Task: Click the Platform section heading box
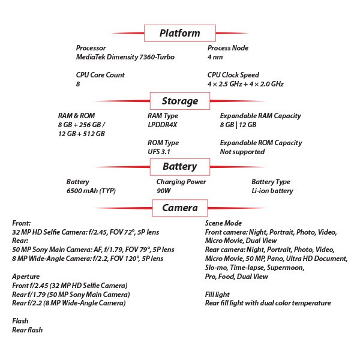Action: (x=180, y=33)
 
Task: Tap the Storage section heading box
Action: (x=180, y=101)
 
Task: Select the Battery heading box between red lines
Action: (x=180, y=167)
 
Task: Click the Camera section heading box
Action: (x=180, y=208)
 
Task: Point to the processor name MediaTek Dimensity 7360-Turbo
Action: (x=125, y=57)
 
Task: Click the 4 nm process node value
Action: (x=215, y=57)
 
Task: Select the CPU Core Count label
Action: (x=100, y=75)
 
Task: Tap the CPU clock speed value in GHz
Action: (x=245, y=84)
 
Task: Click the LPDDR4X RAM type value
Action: (x=163, y=125)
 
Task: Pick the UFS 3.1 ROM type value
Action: (x=159, y=152)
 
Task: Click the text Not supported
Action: (x=242, y=152)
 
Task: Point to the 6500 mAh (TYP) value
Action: (x=91, y=191)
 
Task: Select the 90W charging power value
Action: (x=163, y=191)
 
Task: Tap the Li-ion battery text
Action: (x=272, y=191)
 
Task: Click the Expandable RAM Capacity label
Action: (x=260, y=116)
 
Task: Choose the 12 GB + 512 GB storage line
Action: (x=82, y=134)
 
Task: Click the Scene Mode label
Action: (x=223, y=223)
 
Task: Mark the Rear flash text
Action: (x=28, y=330)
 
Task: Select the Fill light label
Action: (x=217, y=295)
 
